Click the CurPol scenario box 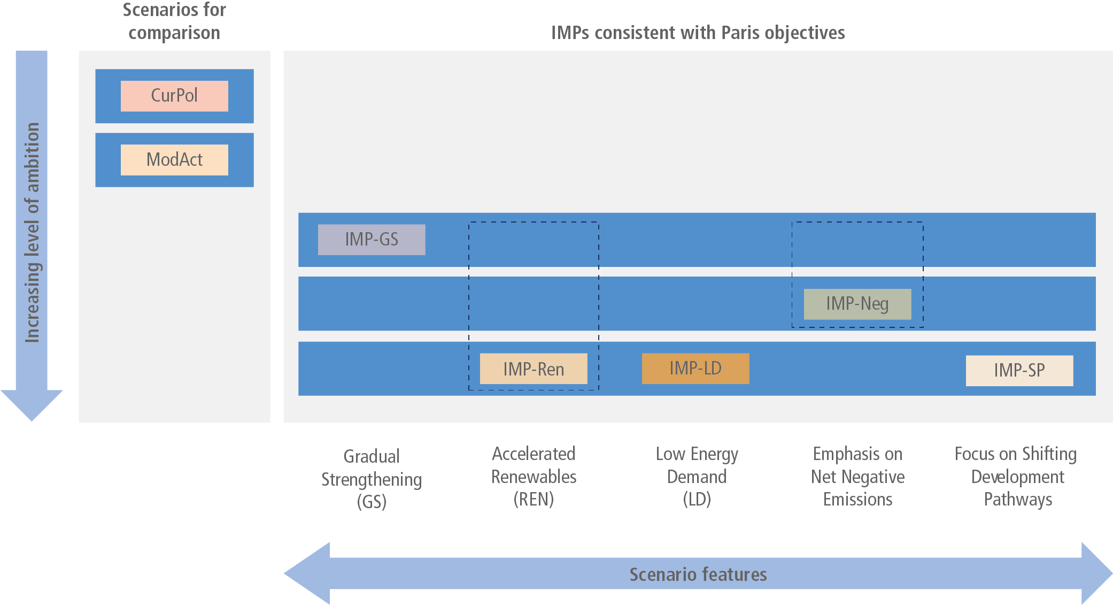(x=174, y=96)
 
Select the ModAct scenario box (x=174, y=160)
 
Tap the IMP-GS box (x=372, y=240)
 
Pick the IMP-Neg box (x=857, y=304)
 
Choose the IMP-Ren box (x=534, y=369)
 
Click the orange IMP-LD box (x=695, y=369)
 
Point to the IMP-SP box (x=1019, y=371)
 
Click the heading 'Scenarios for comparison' (x=174, y=21)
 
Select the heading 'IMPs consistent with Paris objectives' (x=698, y=33)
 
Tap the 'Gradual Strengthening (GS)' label (x=372, y=479)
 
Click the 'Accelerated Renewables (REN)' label (x=534, y=476)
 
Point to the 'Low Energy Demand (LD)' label (x=697, y=476)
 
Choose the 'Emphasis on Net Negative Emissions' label (x=857, y=476)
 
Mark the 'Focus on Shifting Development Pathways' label (x=1016, y=476)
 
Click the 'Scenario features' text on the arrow (x=698, y=574)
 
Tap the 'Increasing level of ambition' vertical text (x=33, y=232)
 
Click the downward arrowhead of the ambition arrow (x=32, y=405)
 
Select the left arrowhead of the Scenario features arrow (x=307, y=573)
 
